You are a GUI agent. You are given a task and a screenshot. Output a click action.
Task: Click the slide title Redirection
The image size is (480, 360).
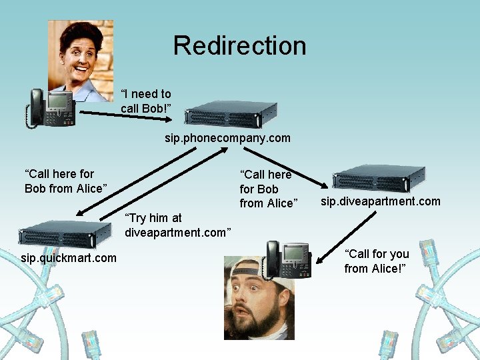239,45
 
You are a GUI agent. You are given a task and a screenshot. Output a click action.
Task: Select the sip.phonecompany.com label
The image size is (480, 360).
228,138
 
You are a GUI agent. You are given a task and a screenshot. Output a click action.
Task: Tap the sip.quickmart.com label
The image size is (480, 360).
69,257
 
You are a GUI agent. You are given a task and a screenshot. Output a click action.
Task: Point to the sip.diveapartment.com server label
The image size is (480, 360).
380,201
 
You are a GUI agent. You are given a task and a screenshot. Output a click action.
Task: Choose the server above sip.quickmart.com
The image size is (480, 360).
65,234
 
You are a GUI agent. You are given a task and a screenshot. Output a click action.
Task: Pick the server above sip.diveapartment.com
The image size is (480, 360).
379,179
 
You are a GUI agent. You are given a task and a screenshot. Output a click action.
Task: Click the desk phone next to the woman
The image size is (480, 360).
52,107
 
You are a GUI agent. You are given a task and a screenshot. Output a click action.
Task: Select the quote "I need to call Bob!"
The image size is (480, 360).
146,101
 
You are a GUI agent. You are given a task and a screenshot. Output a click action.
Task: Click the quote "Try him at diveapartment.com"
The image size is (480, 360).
177,225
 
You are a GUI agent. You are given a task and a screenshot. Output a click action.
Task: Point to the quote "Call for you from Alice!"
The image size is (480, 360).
377,261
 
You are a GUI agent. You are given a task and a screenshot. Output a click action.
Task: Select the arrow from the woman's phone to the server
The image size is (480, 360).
127,117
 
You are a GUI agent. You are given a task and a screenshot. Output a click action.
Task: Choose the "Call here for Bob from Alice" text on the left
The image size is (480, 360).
65,181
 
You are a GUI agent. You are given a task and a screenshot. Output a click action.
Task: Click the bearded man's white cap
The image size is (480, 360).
250,267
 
